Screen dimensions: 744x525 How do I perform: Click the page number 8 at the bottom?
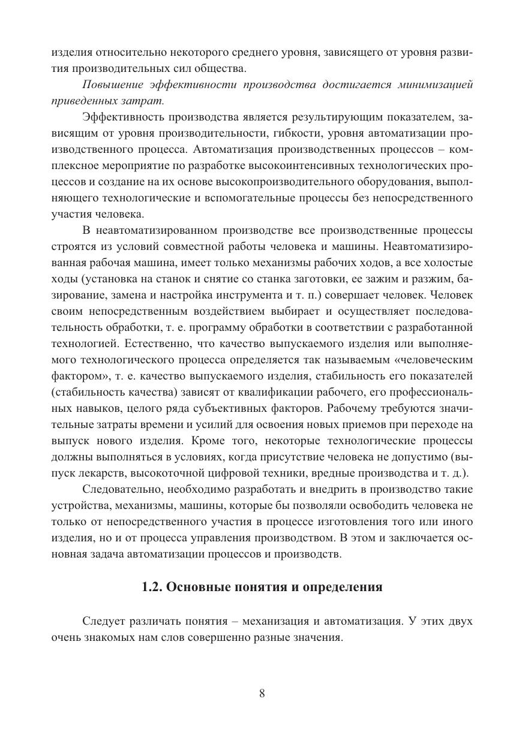pos(262,694)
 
